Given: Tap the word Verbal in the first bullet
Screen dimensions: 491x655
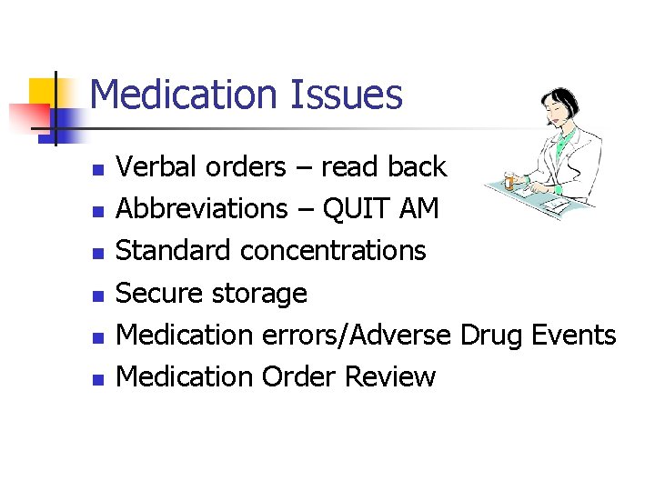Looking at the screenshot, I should click(x=151, y=167).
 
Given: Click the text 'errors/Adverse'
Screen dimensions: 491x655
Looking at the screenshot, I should click(x=356, y=335).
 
